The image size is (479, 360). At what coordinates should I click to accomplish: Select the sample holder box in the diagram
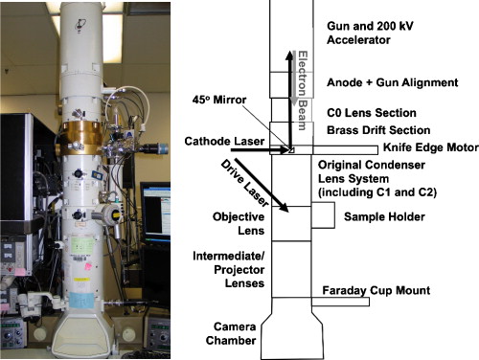(321, 216)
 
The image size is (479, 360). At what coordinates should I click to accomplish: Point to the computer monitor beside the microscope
(153, 206)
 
